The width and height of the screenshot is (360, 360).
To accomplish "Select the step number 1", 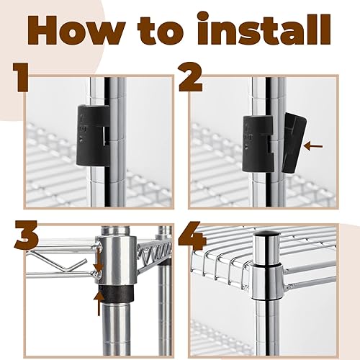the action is (20, 78).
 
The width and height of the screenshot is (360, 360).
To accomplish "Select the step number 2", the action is (191, 78).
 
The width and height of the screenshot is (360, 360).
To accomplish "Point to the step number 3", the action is (27, 235).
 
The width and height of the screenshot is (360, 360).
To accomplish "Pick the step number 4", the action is (193, 235).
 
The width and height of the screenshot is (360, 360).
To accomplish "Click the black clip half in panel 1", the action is (93, 135).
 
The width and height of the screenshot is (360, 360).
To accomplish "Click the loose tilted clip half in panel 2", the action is (294, 143).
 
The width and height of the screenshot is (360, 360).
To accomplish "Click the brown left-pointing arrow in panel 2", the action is (313, 146).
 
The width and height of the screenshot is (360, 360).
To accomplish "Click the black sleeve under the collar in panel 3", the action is (116, 294).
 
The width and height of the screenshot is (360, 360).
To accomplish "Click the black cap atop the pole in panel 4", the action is (266, 233).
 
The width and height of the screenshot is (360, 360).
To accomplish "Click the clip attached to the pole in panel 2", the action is (258, 143).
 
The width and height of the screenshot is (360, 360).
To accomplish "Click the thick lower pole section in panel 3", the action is (116, 328).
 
